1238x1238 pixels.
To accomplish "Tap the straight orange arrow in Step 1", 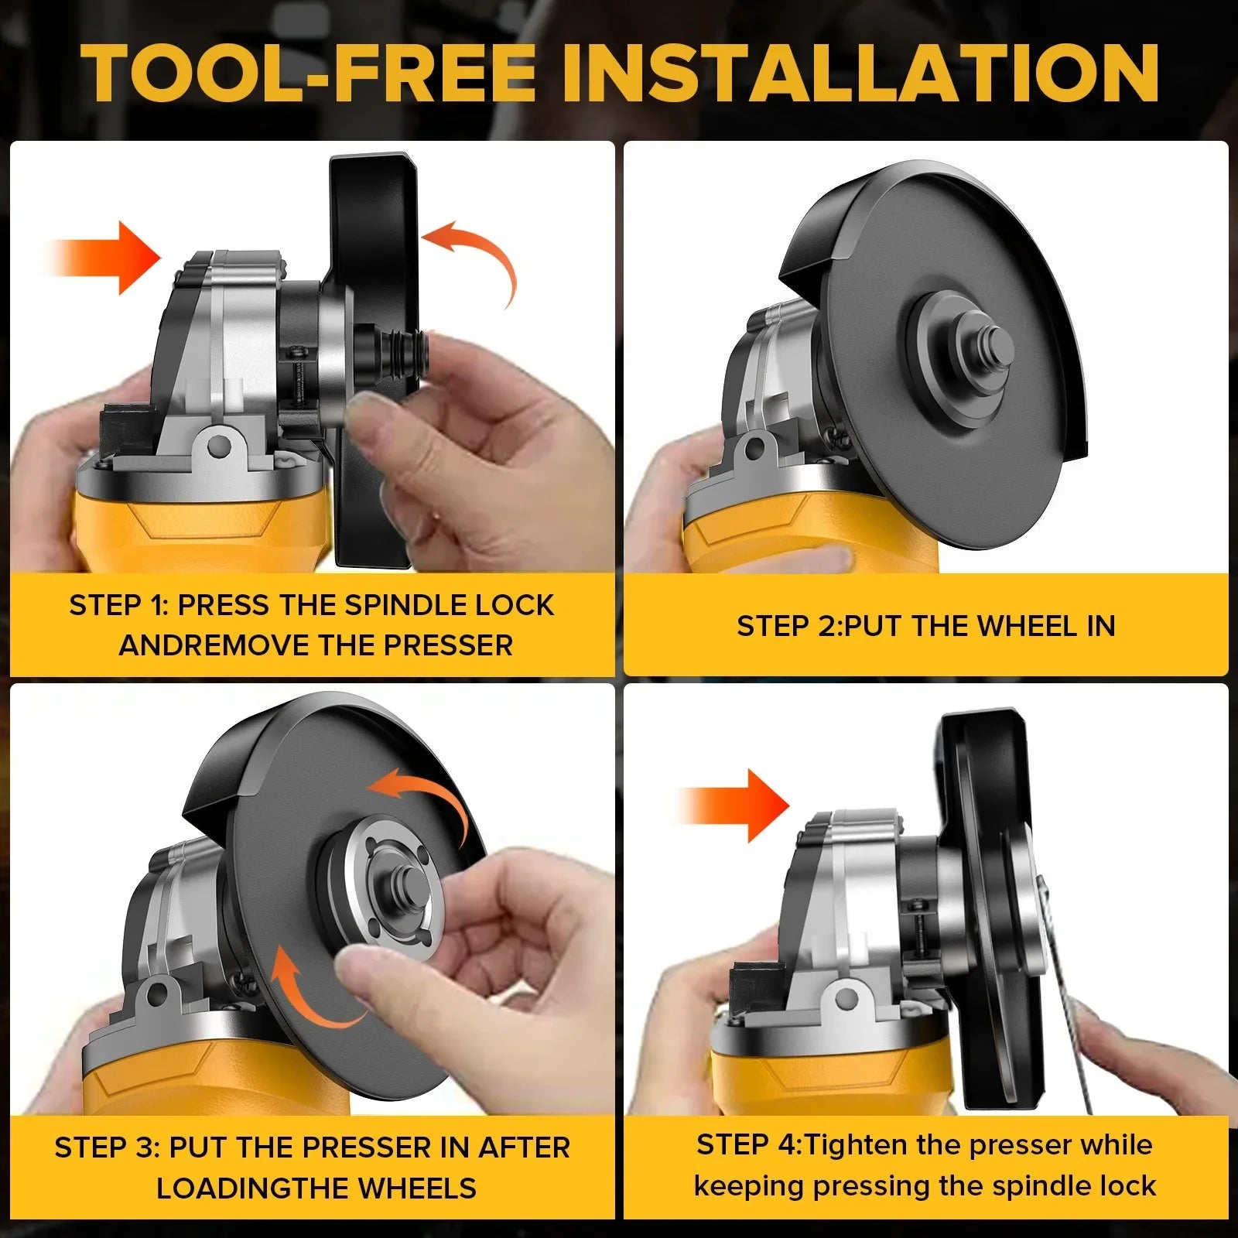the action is pyautogui.click(x=104, y=258).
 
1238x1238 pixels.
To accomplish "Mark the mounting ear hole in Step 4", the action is pyautogui.click(x=849, y=996).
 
